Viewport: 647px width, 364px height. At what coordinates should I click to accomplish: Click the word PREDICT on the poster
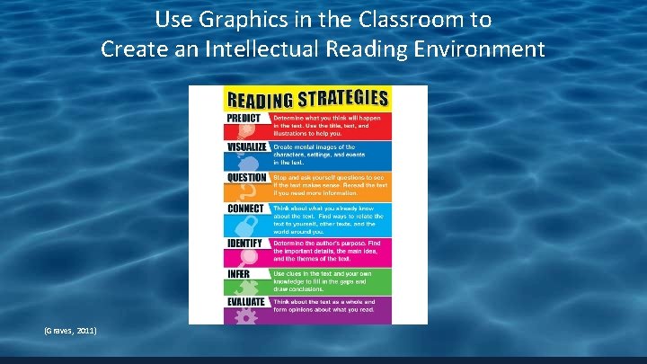pyautogui.click(x=244, y=118)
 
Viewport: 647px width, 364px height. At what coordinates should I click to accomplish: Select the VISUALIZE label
pyautogui.click(x=247, y=146)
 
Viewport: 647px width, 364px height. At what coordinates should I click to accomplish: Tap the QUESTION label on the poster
pyautogui.click(x=247, y=177)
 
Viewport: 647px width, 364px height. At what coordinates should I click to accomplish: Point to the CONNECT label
pyautogui.click(x=245, y=209)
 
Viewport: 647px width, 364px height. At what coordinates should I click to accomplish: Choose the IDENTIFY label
pyautogui.click(x=244, y=243)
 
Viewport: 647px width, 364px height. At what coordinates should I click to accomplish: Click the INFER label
pyautogui.click(x=239, y=273)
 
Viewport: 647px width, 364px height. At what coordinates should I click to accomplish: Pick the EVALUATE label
pyautogui.click(x=246, y=302)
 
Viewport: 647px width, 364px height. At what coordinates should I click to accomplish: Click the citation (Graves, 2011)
pyautogui.click(x=70, y=331)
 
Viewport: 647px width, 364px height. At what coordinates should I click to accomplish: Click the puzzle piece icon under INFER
pyautogui.click(x=241, y=287)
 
